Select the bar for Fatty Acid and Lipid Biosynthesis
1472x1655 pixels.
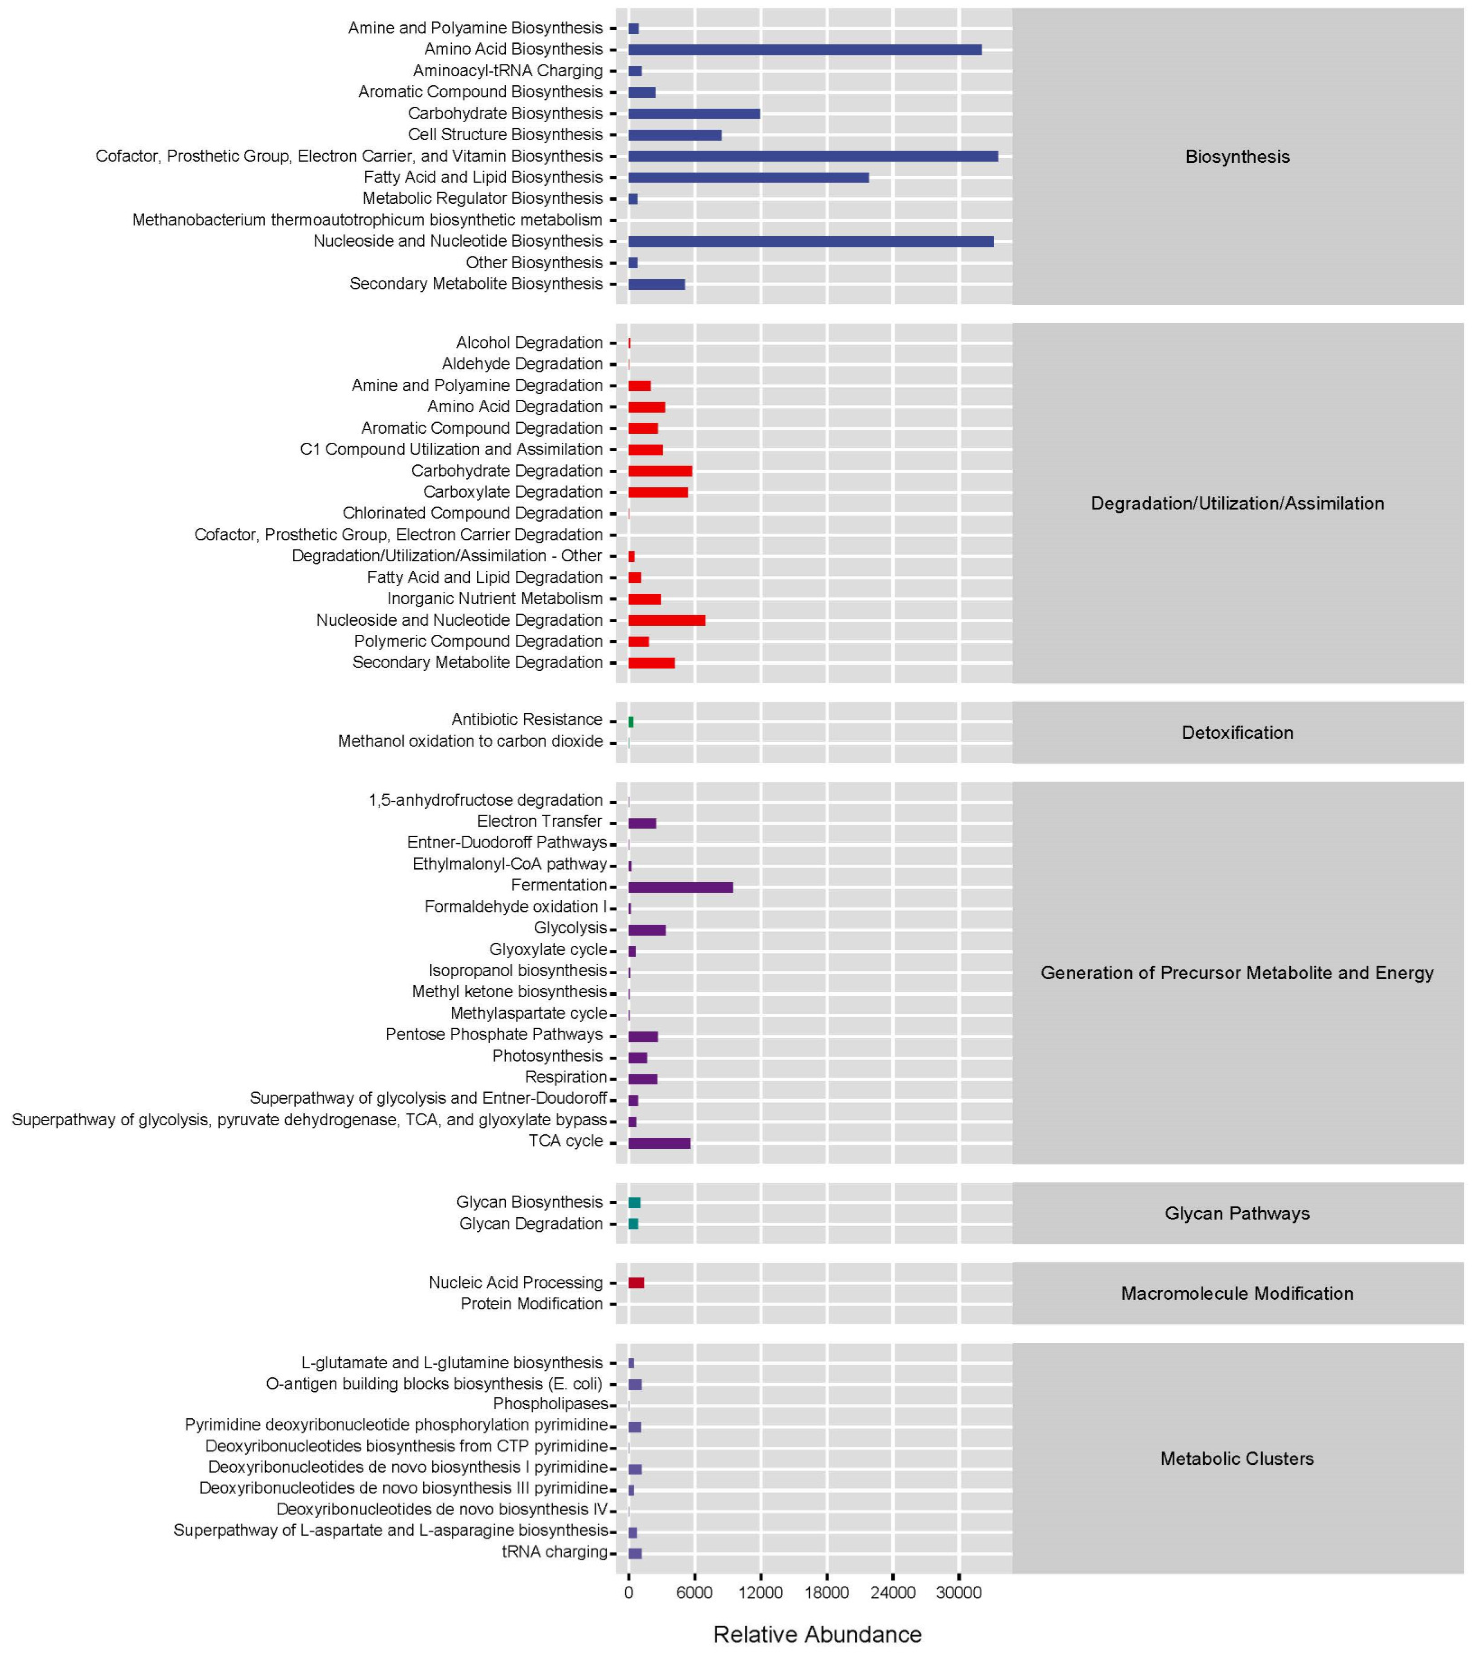(x=748, y=177)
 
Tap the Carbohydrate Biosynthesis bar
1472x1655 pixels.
(x=694, y=113)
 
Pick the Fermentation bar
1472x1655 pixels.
(x=680, y=887)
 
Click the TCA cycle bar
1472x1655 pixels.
(x=659, y=1143)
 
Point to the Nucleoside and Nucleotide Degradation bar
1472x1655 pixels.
(x=666, y=620)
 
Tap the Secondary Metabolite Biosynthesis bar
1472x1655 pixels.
(x=656, y=284)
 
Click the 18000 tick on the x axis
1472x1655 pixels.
(x=826, y=1593)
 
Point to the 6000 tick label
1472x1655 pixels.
(x=694, y=1593)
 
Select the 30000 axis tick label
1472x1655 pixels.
(x=958, y=1593)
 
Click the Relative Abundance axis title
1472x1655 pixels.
(x=817, y=1634)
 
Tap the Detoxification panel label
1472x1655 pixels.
(x=1237, y=733)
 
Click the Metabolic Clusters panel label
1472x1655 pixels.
(x=1237, y=1458)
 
